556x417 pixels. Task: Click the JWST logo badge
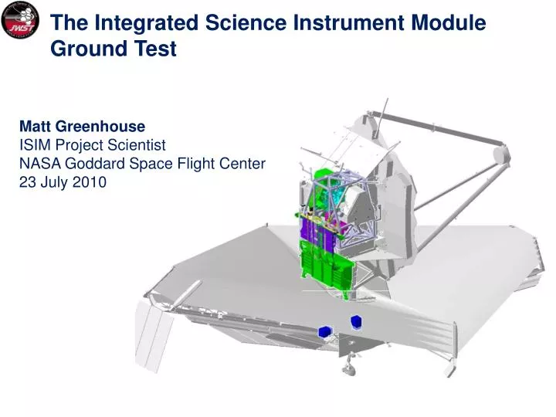click(x=21, y=21)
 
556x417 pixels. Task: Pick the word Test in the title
click(x=157, y=49)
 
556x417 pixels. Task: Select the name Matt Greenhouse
click(x=82, y=126)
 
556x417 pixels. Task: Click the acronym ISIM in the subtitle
click(x=36, y=144)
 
